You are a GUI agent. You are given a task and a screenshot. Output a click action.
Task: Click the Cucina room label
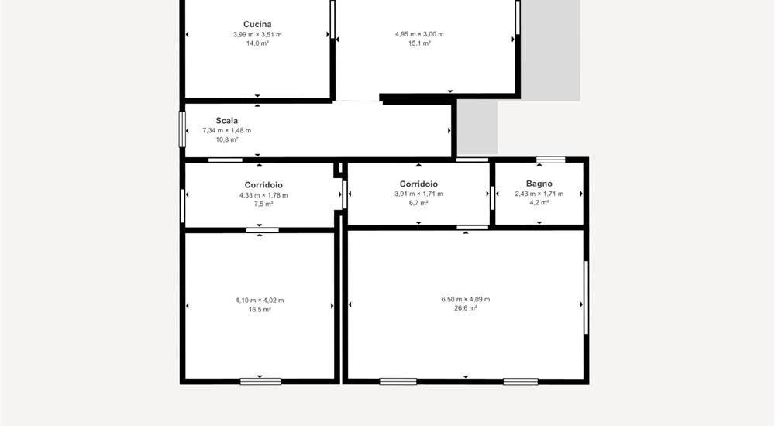point(257,24)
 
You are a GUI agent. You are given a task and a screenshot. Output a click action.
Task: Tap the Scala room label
point(227,121)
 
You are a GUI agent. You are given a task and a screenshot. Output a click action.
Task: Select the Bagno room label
point(539,184)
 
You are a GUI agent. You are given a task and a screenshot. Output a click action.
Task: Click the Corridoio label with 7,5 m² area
point(263,185)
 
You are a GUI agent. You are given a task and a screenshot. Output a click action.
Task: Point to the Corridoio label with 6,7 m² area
point(418,184)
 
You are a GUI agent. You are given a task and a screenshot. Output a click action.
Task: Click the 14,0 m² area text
point(257,43)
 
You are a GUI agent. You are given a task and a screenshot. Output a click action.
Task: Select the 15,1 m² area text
point(419,43)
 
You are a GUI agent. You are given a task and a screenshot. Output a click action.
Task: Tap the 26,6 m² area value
point(466,308)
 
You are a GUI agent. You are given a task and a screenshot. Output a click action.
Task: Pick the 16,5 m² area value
point(260,310)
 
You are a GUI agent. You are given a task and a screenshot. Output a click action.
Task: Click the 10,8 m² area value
point(227,140)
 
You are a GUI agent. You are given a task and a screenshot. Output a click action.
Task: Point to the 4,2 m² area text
point(539,203)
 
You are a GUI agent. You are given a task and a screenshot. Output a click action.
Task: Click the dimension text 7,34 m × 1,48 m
point(227,130)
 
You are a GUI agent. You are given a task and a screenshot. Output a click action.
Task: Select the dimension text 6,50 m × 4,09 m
point(466,300)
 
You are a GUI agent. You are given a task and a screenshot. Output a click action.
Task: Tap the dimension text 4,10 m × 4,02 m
point(260,301)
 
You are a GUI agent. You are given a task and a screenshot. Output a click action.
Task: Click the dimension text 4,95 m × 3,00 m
point(419,34)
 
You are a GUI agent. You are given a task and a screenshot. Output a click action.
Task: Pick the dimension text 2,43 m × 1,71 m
point(539,194)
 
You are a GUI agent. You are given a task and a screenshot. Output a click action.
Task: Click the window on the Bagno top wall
point(550,160)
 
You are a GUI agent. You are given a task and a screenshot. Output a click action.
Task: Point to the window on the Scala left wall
point(182,129)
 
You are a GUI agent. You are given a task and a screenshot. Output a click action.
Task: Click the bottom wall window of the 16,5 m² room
point(260,382)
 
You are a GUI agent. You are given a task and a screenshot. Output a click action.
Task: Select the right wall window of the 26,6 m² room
point(586,297)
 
